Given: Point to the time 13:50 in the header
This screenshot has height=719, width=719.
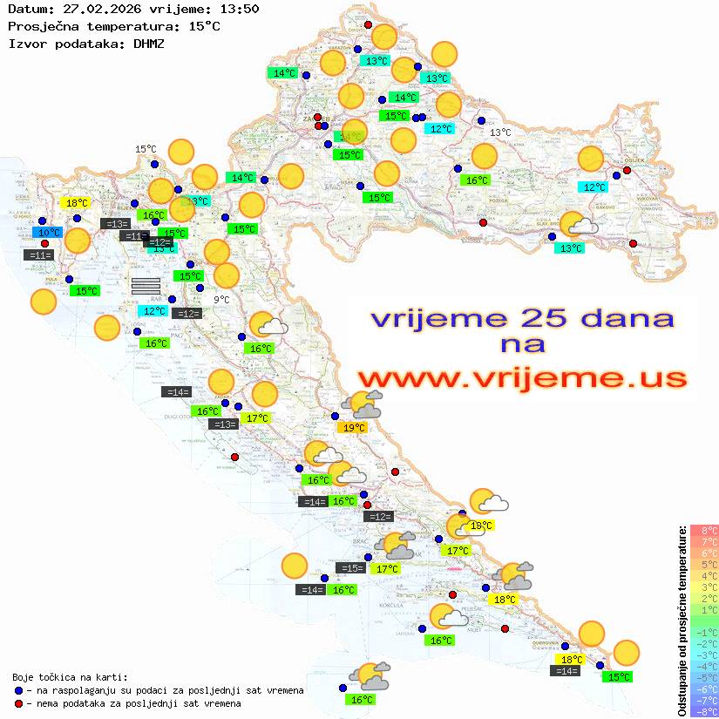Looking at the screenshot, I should coord(239,9).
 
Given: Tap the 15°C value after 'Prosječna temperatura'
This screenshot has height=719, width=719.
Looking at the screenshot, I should coord(204,26).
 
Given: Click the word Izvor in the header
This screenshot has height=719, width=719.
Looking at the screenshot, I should coord(25,43).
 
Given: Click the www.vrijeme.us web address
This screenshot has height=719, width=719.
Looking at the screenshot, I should coord(522,378).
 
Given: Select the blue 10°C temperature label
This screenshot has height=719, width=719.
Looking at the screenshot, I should coord(48,233).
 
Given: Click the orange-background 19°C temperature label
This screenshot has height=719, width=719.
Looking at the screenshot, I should coord(353,428).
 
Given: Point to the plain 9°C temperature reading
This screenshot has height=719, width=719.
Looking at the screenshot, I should coord(221,300).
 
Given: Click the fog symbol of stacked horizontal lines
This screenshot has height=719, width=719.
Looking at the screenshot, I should coord(146,284).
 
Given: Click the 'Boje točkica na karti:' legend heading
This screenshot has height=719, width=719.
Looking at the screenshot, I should coord(70,676).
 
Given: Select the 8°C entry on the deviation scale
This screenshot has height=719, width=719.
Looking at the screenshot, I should coord(704,530).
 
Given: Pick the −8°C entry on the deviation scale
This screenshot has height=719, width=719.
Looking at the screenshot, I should coord(704,711).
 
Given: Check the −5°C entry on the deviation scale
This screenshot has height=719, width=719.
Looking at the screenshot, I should coord(704,677).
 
